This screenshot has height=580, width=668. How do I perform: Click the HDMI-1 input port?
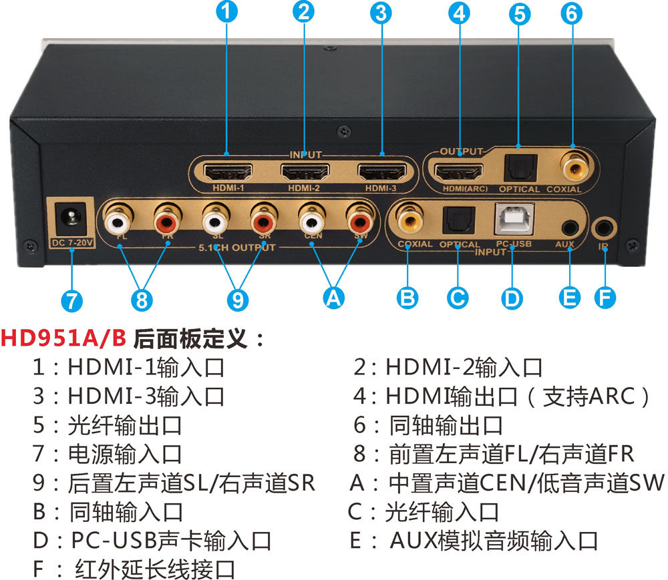point(227,173)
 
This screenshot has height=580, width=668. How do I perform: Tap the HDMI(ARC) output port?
point(460,172)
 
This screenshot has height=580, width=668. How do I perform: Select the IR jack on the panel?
point(604,227)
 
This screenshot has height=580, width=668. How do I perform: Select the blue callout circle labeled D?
point(512,297)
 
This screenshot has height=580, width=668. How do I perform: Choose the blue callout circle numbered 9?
point(237,300)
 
